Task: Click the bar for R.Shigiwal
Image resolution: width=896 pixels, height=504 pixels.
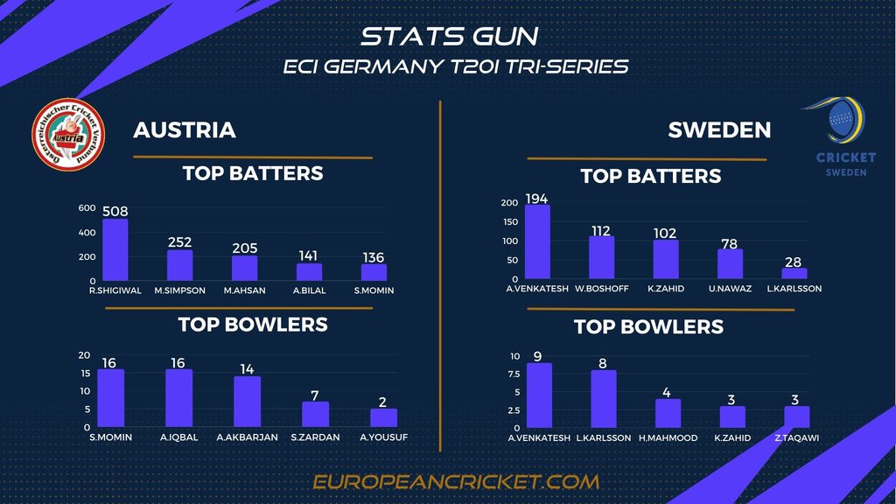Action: click(115, 249)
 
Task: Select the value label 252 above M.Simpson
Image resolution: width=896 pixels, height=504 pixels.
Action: click(180, 242)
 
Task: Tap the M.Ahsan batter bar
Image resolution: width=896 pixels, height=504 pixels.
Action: click(244, 268)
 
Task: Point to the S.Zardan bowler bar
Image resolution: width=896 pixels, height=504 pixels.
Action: click(315, 414)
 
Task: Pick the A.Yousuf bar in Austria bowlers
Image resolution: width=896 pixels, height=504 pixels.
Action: click(383, 417)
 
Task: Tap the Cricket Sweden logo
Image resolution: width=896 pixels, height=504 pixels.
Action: click(844, 137)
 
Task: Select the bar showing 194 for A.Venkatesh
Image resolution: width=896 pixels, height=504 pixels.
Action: click(537, 241)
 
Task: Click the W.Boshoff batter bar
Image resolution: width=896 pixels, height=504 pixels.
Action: click(602, 256)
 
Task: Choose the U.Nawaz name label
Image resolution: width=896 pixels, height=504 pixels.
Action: click(730, 288)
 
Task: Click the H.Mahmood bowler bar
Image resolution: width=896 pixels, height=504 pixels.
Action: click(668, 413)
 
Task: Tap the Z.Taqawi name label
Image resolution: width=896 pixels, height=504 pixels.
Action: click(796, 437)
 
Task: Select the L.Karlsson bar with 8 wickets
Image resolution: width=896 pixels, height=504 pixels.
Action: click(604, 399)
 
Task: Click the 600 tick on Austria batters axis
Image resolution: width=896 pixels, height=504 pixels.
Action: click(87, 208)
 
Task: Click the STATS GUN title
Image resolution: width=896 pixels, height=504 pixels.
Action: click(449, 36)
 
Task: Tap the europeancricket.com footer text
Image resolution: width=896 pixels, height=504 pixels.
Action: click(456, 481)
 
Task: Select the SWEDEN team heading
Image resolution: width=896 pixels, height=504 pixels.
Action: click(719, 130)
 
